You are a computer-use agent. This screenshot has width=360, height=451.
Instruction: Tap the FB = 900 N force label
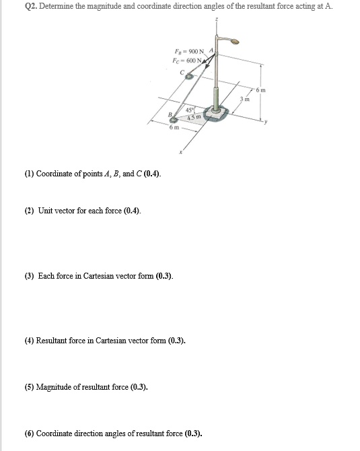[190, 52]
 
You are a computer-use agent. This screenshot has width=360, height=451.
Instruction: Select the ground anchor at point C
[189, 77]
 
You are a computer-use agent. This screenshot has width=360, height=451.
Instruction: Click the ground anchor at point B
[174, 120]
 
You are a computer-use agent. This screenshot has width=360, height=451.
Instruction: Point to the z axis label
[216, 20]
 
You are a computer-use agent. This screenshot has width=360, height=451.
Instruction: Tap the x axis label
[180, 152]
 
